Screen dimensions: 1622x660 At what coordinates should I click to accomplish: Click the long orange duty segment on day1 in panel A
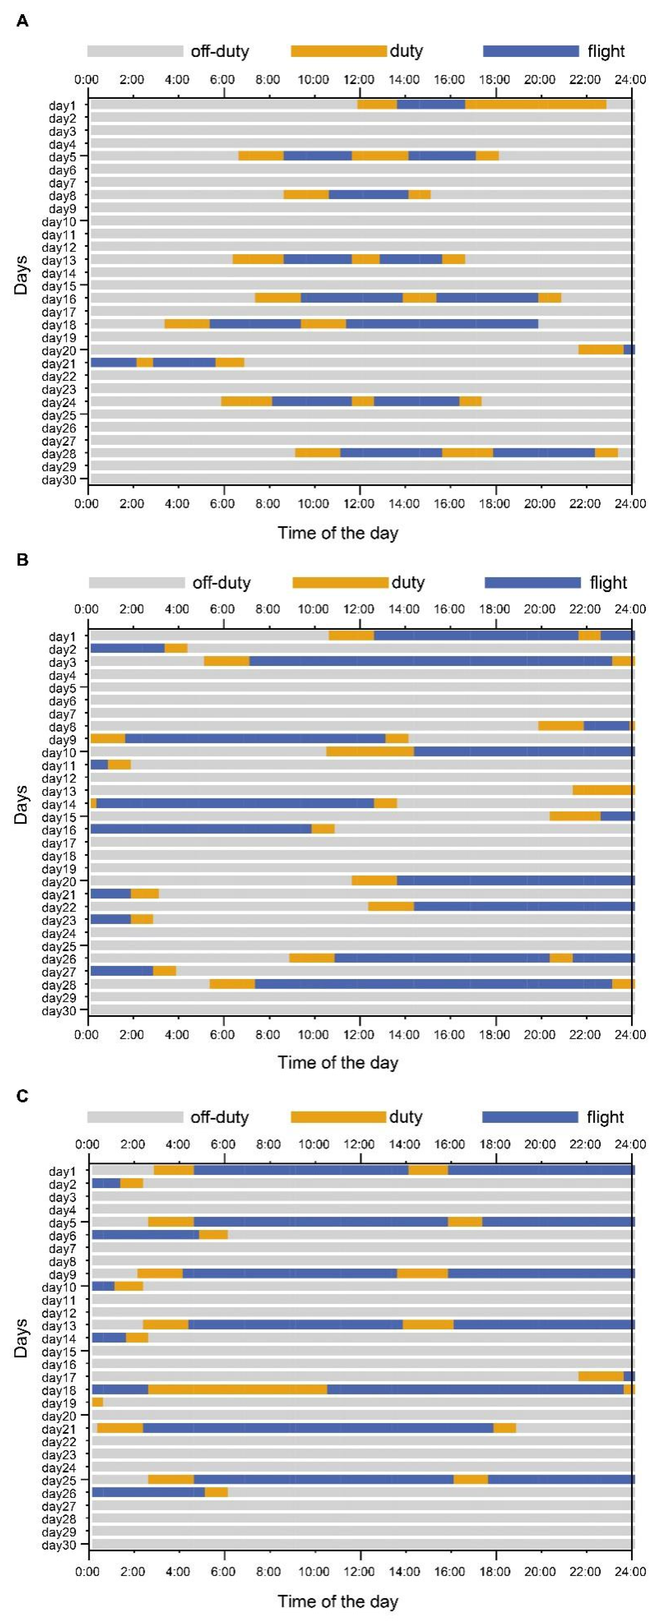[x=535, y=105]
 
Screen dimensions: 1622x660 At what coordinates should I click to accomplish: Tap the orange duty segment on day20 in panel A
[x=601, y=350]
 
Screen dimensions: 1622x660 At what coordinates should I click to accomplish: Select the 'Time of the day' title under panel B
[x=338, y=1063]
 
